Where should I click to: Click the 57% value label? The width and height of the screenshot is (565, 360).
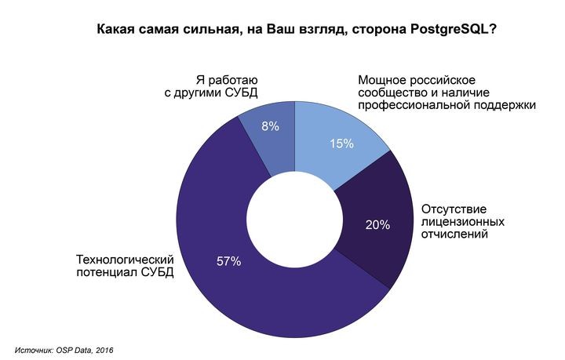point(228,260)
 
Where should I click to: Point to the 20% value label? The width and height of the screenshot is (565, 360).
point(377,225)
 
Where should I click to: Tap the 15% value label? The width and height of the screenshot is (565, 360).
point(342,144)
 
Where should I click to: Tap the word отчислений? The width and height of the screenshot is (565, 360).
point(455,234)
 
